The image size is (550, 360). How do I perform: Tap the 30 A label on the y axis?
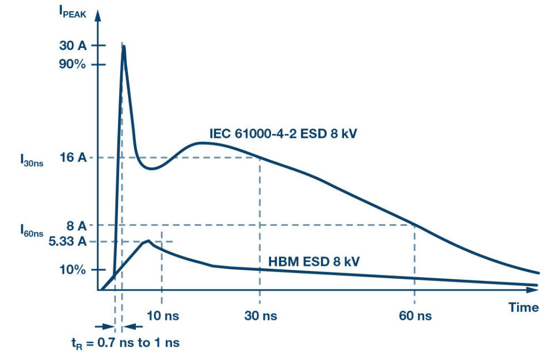[x=72, y=46]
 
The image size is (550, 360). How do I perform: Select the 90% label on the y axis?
[x=72, y=65]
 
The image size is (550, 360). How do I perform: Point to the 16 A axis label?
[x=73, y=158]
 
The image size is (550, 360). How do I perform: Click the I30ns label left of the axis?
[x=31, y=161]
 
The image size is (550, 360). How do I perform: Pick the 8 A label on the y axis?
[x=76, y=225]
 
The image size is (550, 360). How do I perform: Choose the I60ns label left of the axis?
[x=31, y=229]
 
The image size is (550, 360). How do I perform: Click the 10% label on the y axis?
[x=72, y=270]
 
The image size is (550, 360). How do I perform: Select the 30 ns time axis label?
[x=261, y=316]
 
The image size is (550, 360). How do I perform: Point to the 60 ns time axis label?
[x=415, y=316]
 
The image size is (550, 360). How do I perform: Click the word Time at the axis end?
[x=524, y=307]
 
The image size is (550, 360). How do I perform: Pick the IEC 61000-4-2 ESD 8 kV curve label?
[x=283, y=134]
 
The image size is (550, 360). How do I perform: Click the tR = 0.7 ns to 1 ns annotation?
[x=125, y=342]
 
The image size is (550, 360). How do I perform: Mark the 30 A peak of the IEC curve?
[x=123, y=47]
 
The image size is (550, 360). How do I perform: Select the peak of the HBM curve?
[x=148, y=241]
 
